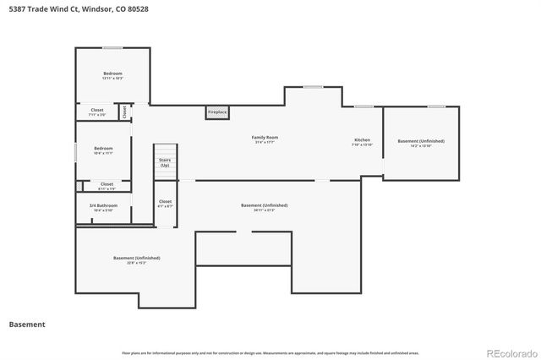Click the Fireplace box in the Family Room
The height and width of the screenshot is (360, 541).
coord(217,112)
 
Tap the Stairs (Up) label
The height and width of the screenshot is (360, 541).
coord(165,162)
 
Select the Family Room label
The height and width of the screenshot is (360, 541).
coord(265,139)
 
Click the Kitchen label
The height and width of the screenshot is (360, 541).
coord(362,141)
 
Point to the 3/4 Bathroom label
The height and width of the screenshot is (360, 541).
coord(103,207)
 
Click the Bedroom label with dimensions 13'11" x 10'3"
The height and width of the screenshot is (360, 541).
coord(113,75)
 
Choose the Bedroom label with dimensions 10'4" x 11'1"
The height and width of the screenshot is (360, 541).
coord(103,150)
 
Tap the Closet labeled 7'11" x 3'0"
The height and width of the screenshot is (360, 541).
coord(96,112)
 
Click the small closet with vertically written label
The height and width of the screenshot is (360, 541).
coord(124,111)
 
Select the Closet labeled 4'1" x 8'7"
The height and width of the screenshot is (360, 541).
coord(165,203)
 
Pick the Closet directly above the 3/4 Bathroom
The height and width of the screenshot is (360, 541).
coord(107,185)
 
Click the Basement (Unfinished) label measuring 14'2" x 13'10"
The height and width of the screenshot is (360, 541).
coord(421,143)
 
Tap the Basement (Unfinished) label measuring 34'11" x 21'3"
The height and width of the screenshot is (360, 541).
coord(264,207)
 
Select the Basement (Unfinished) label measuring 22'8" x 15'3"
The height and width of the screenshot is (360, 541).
coord(136,259)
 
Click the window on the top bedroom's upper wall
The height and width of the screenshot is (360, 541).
coord(112,48)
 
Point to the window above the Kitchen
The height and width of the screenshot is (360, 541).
coord(364,106)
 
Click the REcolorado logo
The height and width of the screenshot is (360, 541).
coord(510,352)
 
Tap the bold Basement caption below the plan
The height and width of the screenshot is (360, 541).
coord(27,324)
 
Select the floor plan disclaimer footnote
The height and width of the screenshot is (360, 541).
coord(270,352)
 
